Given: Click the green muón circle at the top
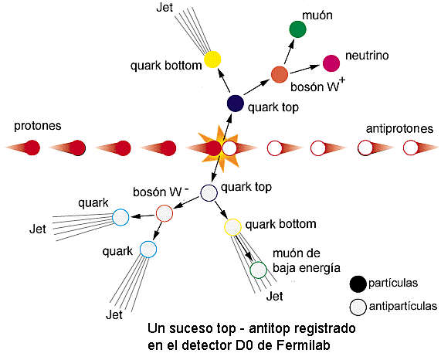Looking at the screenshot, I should tap(297, 29).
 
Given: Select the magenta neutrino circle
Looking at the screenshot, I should tap(331, 63).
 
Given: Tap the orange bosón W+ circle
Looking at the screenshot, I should tap(280, 75).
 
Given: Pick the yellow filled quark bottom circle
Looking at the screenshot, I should tap(212, 58).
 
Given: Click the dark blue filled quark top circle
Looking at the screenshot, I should tap(235, 103).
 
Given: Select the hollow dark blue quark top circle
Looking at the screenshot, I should tap(209, 193).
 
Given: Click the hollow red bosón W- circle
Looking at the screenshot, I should tap(164, 212).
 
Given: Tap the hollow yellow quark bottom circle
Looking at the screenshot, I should tap(232, 228).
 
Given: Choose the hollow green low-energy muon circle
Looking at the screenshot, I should tap(258, 270).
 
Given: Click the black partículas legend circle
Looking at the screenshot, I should tap(356, 284).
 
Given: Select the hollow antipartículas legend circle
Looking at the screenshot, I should tap(356, 306).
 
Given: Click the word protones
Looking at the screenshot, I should tap(37, 126).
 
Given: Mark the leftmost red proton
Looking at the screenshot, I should tap(32, 147).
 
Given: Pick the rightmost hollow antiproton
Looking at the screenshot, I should tap(412, 148).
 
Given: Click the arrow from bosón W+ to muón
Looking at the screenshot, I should tap(287, 54).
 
